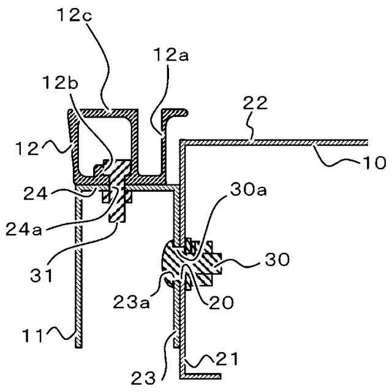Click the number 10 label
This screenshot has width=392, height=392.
click(x=375, y=162)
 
